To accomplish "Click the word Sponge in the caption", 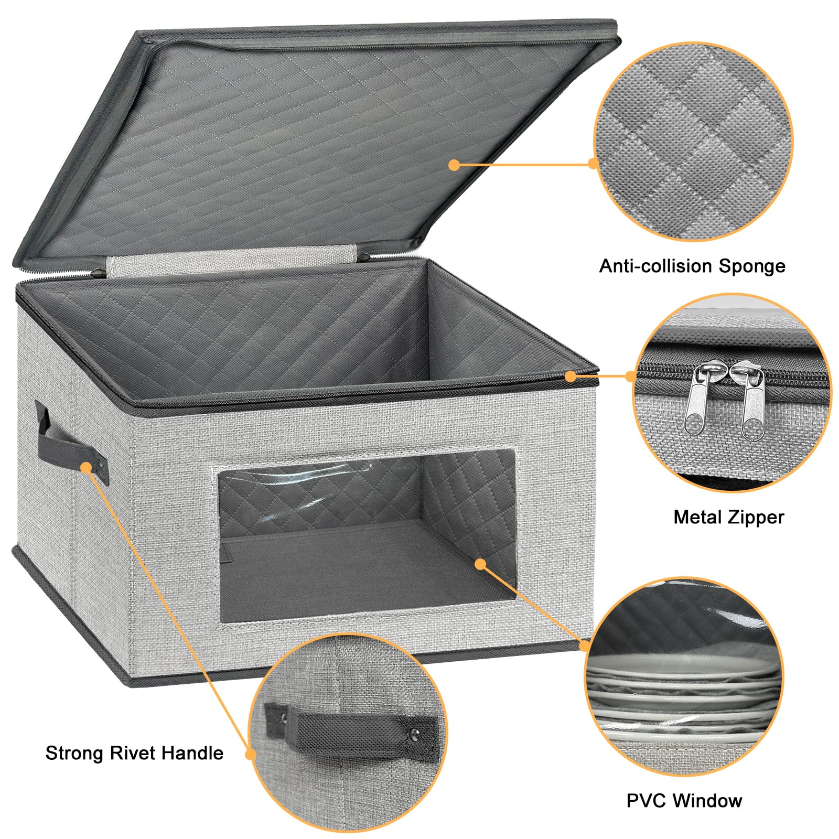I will (x=751, y=266).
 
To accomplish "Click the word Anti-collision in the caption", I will (x=656, y=266).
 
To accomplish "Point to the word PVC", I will (x=646, y=800).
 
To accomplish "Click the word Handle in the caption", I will (x=192, y=753).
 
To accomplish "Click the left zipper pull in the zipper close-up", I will (x=700, y=399).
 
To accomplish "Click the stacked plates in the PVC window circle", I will (x=682, y=697).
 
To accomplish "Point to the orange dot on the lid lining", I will (x=454, y=165).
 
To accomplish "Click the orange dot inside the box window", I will (x=480, y=564).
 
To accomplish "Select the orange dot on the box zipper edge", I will (x=571, y=376).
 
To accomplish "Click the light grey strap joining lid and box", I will (x=231, y=265).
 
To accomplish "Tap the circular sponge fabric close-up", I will (x=693, y=142).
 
